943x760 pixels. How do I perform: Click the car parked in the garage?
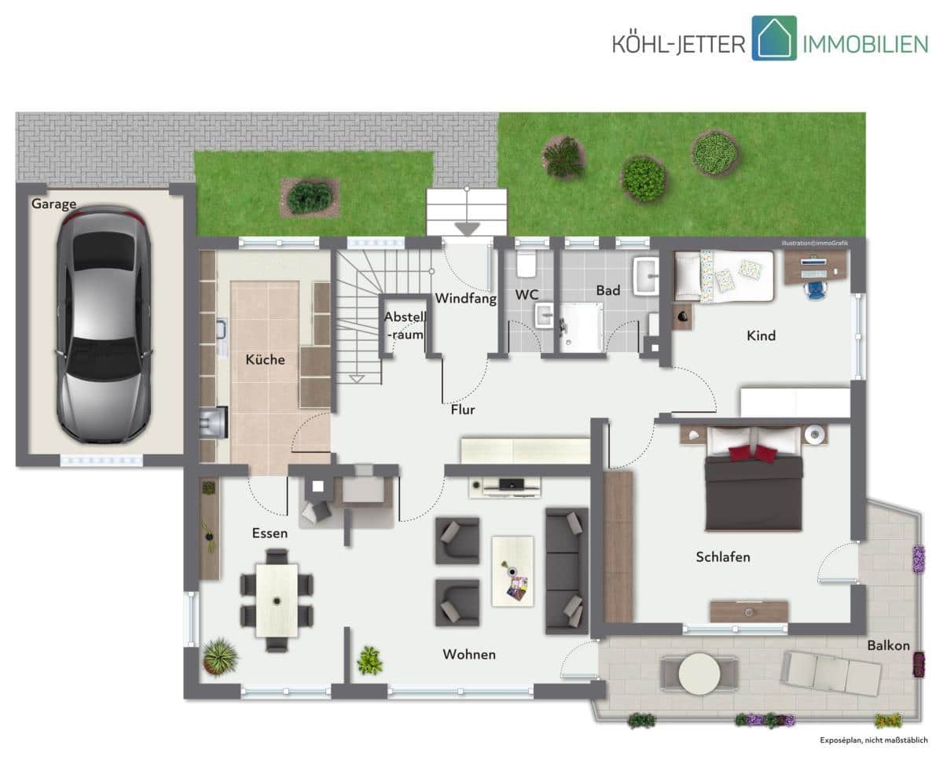pos(104,325)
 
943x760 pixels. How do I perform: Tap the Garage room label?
pos(54,204)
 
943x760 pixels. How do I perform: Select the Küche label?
pos(265,359)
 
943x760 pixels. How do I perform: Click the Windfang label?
pos(465,299)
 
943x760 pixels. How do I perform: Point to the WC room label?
pos(527,295)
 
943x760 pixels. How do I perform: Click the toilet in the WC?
pos(526,264)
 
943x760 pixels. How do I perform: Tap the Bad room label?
pos(608,291)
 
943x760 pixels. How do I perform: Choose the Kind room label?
pos(761,336)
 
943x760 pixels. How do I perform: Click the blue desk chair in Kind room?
pos(816,290)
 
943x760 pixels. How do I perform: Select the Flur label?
pos(463,409)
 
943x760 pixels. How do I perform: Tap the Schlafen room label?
pos(723,557)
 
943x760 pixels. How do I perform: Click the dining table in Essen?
pos(277,600)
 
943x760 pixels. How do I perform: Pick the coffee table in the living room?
pos(512,571)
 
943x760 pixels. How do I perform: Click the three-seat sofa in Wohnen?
pos(567,571)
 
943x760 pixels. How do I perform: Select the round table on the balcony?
pos(699,674)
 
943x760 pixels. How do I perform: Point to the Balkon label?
pos(889,645)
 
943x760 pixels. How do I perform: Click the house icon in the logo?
pos(774,39)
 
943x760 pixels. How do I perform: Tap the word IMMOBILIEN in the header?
pos(865,45)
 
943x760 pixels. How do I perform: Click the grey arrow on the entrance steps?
pos(467,229)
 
